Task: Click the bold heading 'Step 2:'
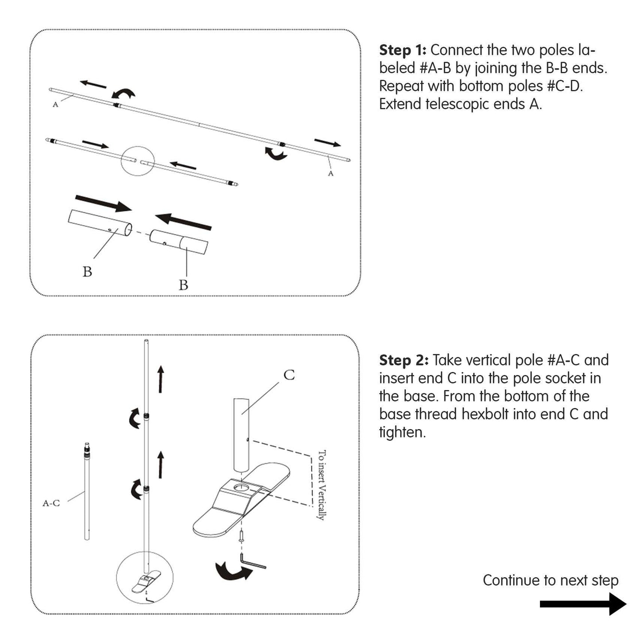coord(403,360)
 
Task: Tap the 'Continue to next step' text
coord(550,580)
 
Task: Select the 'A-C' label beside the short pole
coord(51,503)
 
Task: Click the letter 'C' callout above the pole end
coord(289,375)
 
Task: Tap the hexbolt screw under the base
coord(242,537)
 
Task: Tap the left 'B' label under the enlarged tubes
coord(87,271)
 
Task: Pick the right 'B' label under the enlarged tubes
coord(183,285)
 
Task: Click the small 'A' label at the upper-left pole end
coord(55,105)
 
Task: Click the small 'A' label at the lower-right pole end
coord(330,173)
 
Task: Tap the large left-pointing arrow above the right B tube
coord(183,221)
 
